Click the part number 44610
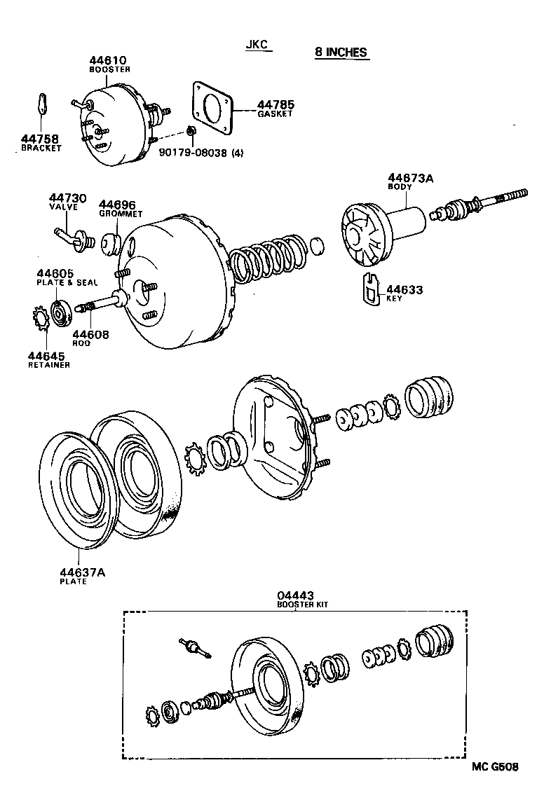(x=109, y=61)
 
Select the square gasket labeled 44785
(x=212, y=108)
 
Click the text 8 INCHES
(x=341, y=53)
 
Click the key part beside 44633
(x=371, y=290)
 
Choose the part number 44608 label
(x=90, y=336)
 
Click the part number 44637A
(x=82, y=572)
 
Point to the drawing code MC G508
(x=495, y=766)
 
